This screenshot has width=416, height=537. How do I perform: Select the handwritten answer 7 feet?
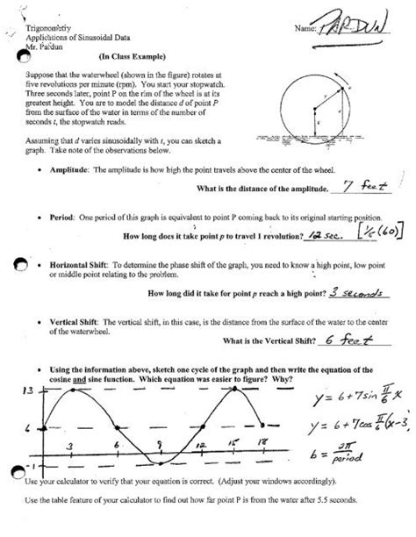[362, 186]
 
